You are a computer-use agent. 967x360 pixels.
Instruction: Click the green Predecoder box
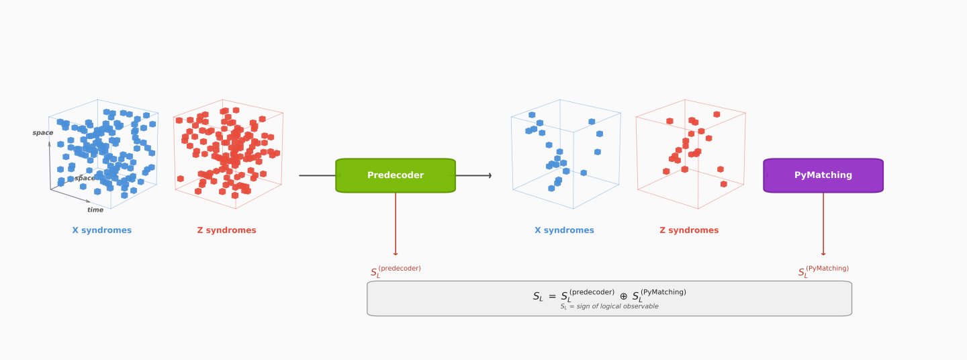point(395,175)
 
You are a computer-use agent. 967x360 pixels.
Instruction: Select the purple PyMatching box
point(823,175)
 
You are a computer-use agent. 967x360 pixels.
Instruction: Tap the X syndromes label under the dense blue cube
point(102,230)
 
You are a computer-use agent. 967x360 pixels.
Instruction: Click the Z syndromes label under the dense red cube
point(226,230)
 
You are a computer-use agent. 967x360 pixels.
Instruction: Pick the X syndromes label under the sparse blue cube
point(564,230)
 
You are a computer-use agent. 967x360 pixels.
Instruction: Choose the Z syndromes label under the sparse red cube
point(689,230)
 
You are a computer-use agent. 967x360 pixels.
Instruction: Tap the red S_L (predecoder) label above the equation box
point(396,271)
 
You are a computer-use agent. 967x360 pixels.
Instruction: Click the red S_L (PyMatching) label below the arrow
point(823,271)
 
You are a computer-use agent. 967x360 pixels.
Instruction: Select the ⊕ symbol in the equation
point(623,296)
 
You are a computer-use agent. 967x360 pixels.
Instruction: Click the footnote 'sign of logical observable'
point(609,306)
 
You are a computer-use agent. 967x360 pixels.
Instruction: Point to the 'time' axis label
point(95,210)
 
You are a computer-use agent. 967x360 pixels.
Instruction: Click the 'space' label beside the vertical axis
point(42,133)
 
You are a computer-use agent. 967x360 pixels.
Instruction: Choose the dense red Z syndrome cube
point(228,154)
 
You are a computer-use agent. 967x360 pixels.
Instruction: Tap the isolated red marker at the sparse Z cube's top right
point(717,114)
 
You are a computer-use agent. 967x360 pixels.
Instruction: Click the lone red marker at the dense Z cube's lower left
point(180,179)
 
